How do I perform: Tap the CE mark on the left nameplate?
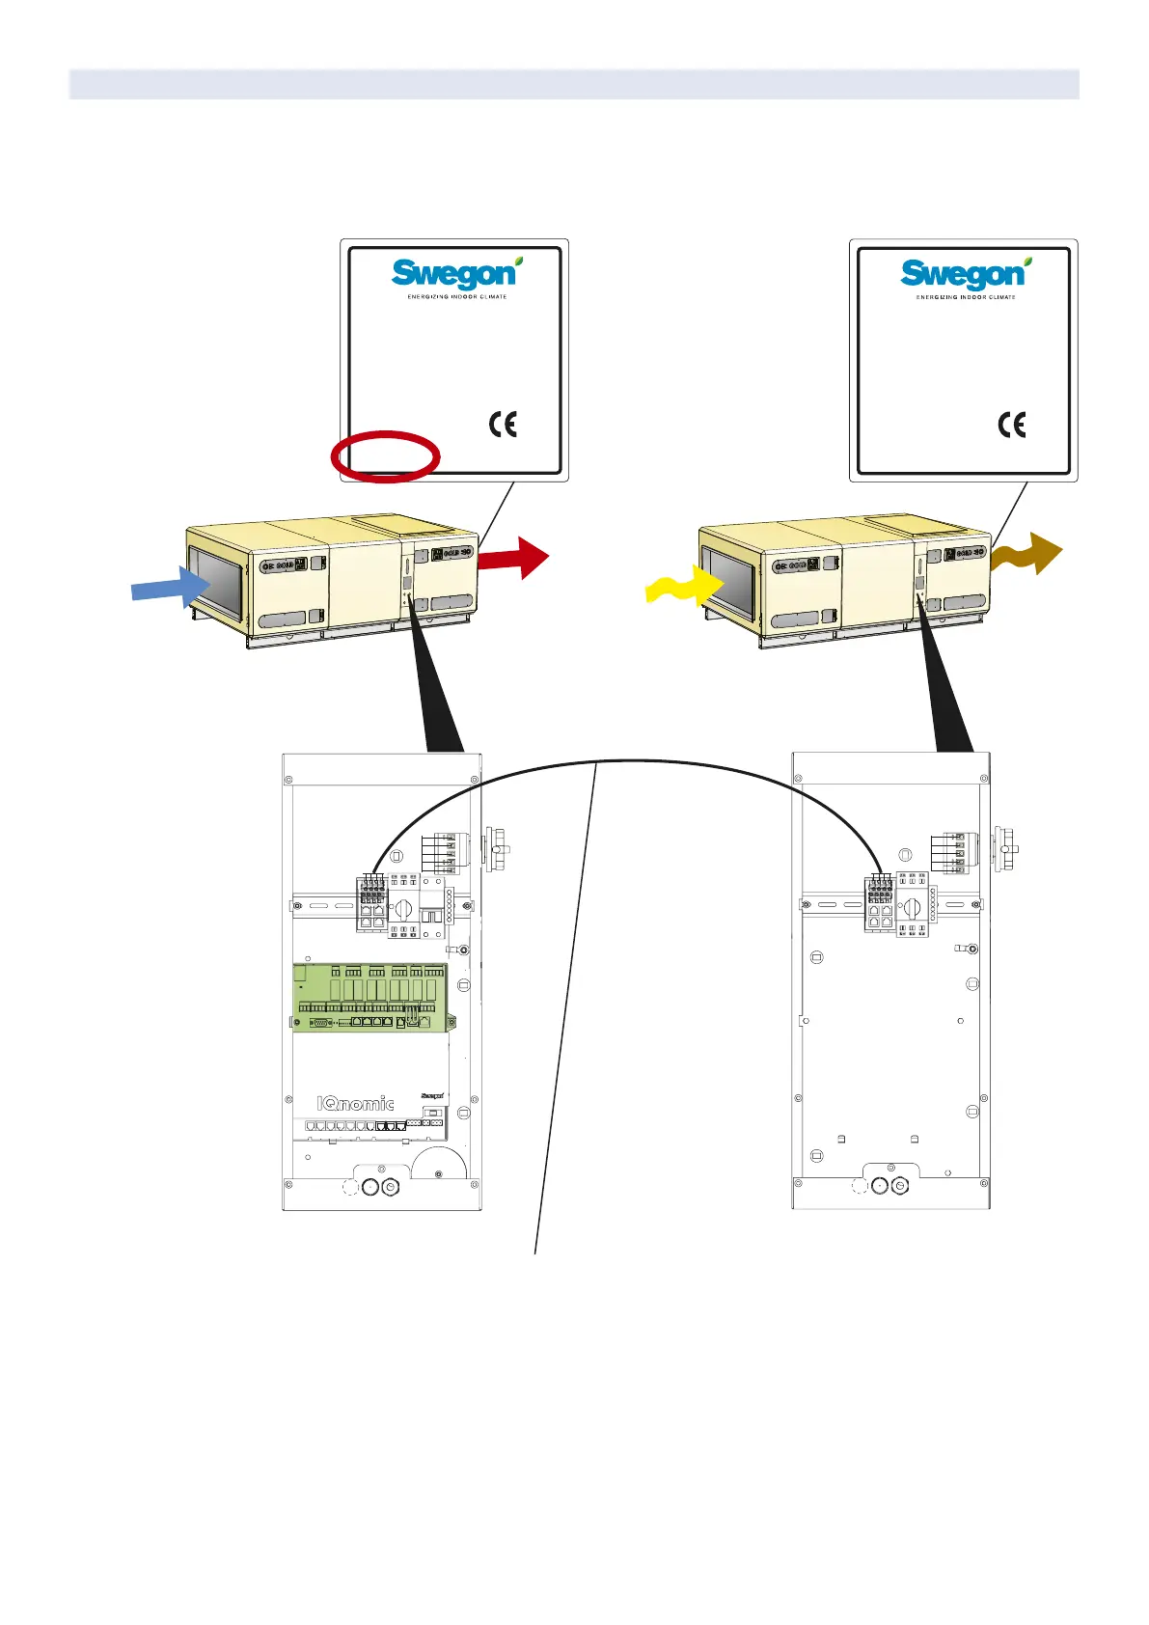(503, 425)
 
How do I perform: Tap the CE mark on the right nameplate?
(1012, 425)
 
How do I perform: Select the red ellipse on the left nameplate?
(385, 455)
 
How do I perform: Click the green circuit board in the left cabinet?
(372, 997)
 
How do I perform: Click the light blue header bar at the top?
(574, 84)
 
